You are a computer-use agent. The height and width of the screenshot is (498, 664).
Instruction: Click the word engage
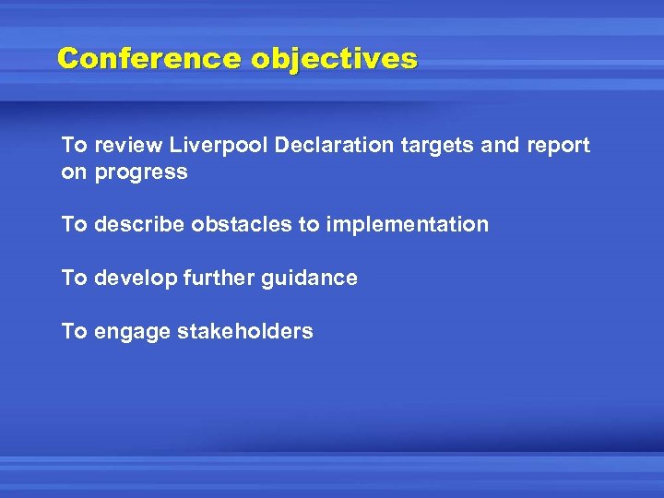coord(127,332)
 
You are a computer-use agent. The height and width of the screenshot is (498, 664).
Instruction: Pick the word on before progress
coord(73,172)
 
